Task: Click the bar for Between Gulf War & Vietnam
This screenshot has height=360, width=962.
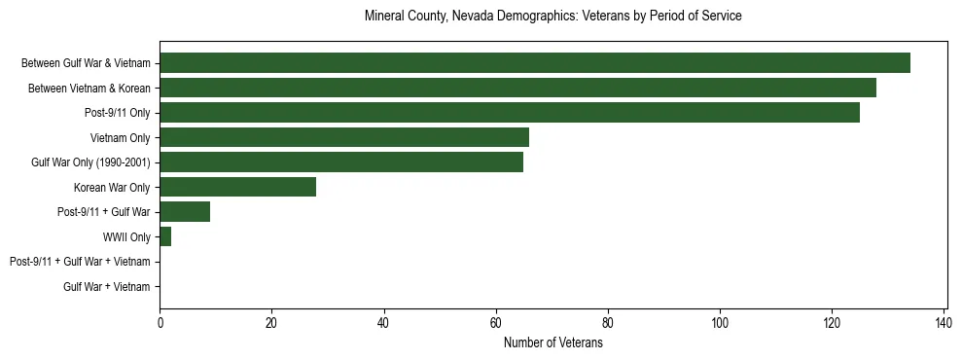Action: [535, 63]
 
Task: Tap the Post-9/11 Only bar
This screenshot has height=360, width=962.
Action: [510, 113]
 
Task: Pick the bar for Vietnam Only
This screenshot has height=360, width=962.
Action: [344, 137]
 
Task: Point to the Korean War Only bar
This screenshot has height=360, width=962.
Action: [237, 187]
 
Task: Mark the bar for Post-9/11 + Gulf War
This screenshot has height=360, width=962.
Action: [185, 212]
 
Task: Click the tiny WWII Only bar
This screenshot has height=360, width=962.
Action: [165, 236]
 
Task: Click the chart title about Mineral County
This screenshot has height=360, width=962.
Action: [552, 17]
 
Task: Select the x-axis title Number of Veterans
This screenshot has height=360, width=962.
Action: [552, 343]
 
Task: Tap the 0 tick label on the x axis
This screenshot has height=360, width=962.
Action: [160, 323]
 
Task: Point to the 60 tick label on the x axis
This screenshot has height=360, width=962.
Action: [496, 323]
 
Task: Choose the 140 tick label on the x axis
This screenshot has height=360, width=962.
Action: [944, 323]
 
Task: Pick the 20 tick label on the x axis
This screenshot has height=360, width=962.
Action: [271, 323]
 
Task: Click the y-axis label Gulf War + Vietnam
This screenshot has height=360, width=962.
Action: [106, 287]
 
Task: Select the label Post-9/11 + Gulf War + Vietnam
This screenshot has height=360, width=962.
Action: [80, 262]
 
